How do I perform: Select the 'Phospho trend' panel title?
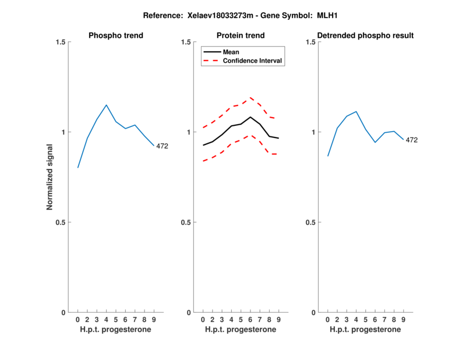point(116,36)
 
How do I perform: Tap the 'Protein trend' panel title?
point(241,36)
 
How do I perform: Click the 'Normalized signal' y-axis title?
point(50,177)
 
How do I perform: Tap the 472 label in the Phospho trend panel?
point(162,146)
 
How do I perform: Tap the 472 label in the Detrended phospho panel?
point(412,140)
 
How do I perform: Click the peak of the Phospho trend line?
point(106,105)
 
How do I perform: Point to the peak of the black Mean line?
point(250,117)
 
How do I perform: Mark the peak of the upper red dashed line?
point(250,97)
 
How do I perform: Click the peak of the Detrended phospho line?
point(356,111)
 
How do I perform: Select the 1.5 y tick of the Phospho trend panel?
point(59,42)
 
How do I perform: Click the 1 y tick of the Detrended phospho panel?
point(313,132)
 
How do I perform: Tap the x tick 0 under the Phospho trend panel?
point(77,320)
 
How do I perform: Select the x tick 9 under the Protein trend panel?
point(278,320)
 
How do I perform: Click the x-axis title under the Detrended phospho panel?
point(365,330)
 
